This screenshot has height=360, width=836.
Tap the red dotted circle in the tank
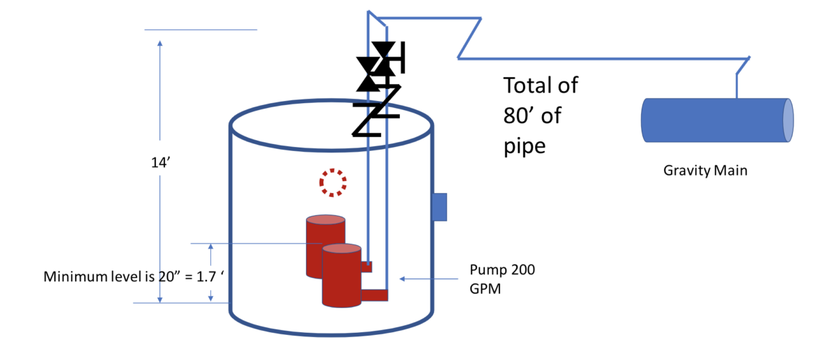333,182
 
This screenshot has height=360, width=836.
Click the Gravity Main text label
705,169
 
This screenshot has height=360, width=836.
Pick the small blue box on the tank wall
439,207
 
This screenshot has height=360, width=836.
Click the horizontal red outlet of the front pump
374,295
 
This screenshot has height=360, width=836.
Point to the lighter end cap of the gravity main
788,120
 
